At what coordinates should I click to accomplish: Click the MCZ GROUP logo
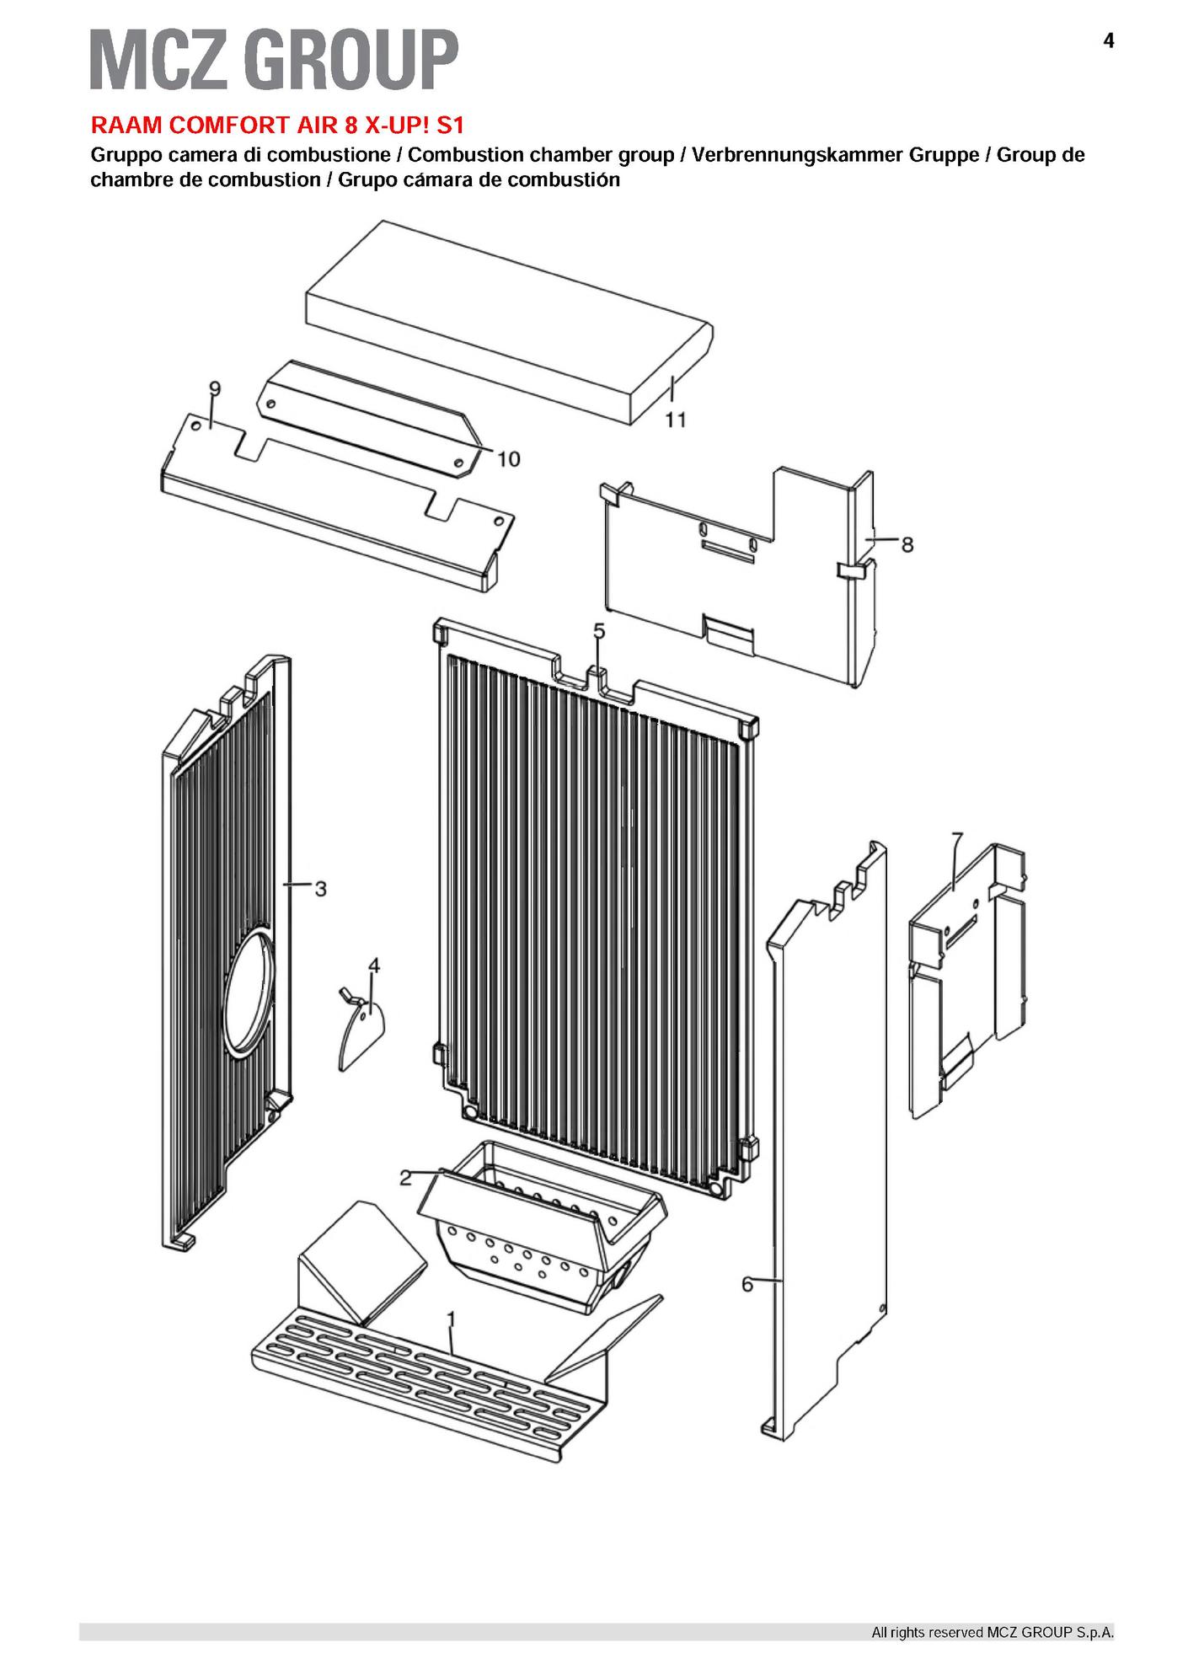point(274,58)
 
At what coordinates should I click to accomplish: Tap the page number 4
point(1108,40)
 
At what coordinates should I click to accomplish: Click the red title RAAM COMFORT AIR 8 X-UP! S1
point(277,126)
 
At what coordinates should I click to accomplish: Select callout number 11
point(676,420)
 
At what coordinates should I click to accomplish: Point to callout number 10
point(508,458)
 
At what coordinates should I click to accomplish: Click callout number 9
point(215,388)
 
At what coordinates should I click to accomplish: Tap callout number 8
point(907,544)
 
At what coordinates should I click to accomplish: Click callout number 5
point(599,631)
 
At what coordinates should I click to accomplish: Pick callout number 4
point(374,966)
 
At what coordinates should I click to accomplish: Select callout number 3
point(320,888)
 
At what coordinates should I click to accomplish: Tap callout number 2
point(404,1178)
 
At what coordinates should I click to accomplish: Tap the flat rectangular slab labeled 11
point(510,322)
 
